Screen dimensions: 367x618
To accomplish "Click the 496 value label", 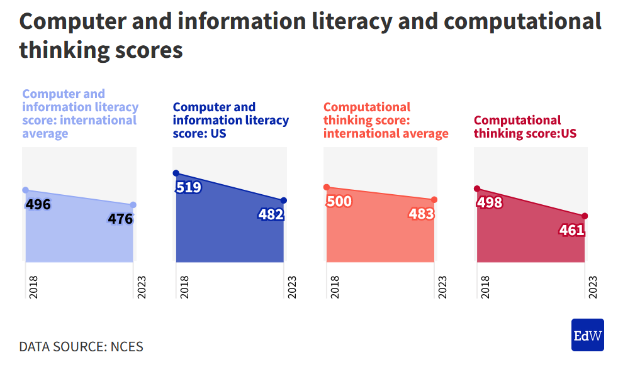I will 38,205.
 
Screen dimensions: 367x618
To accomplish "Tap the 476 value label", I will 120,219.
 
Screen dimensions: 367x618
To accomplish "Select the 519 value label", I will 189,187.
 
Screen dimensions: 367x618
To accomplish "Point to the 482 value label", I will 271,215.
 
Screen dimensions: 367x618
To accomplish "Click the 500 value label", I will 339,202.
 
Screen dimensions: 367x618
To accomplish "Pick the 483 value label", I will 421,214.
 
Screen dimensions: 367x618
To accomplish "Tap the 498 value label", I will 490,203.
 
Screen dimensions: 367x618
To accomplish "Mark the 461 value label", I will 571,231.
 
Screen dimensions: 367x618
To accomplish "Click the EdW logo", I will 587,335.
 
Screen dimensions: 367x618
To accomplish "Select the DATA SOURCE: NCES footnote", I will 81,347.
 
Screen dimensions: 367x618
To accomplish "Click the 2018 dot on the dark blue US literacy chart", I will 176,173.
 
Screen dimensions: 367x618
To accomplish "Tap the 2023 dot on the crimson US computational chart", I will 585,216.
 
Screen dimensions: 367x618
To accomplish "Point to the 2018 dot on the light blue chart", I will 26,190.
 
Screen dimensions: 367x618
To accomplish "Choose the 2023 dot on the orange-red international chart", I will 434,200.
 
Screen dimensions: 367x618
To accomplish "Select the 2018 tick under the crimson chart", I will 485,287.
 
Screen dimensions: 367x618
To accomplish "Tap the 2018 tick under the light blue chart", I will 33,287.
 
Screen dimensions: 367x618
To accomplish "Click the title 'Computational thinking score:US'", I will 525,127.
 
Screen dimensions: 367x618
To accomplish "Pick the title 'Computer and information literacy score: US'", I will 230,120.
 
